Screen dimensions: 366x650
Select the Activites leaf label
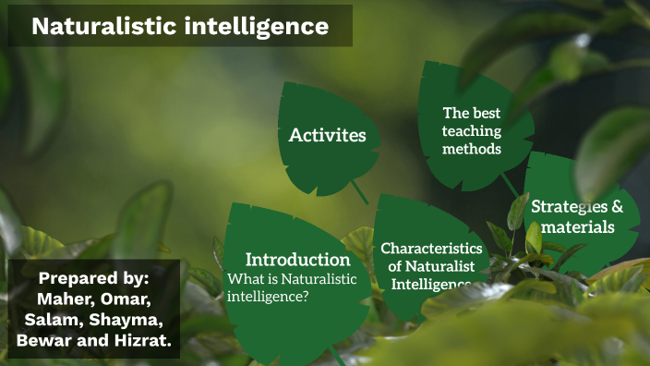(x=328, y=136)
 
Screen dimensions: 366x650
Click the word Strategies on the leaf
(x=564, y=206)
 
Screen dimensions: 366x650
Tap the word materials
(x=578, y=226)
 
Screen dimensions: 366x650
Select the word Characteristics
(x=431, y=248)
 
